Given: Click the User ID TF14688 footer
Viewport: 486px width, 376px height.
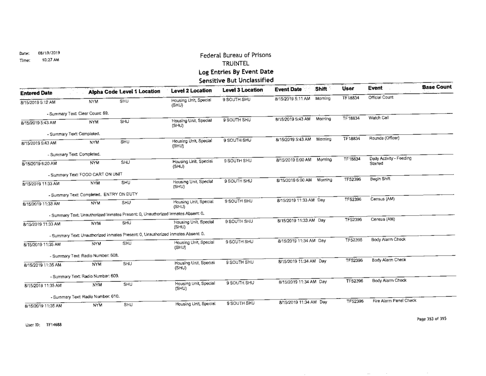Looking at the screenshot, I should pos(27,324).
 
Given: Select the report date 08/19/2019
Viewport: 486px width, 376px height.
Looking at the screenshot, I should pos(46,53).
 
